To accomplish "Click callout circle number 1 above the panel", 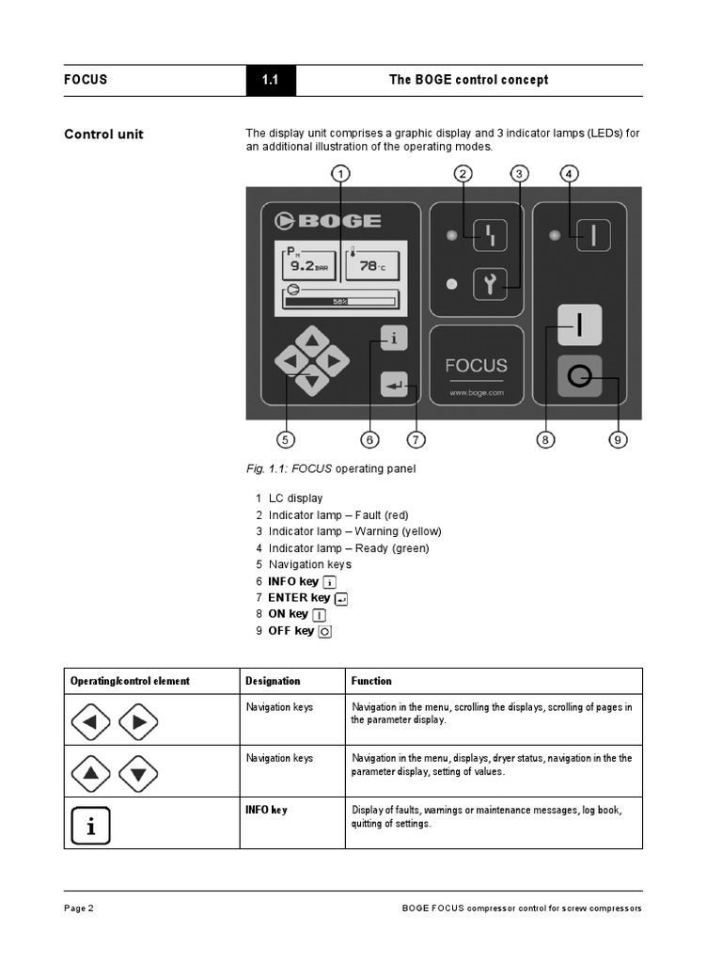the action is [341, 173].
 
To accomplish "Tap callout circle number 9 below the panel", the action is [618, 438].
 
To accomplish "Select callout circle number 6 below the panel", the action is [370, 438].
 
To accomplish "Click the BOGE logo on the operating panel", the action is [328, 221].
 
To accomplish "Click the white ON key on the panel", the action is [579, 325].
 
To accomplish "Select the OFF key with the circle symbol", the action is [579, 377].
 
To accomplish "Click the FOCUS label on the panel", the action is [477, 365].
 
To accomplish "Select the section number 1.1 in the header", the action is [270, 80].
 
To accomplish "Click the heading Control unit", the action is [103, 134].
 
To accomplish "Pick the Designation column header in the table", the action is [273, 681].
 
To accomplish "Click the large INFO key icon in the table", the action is [90, 825].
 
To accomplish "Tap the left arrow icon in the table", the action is [90, 722].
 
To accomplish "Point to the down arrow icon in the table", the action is [138, 773].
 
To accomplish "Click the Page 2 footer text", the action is [79, 908].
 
